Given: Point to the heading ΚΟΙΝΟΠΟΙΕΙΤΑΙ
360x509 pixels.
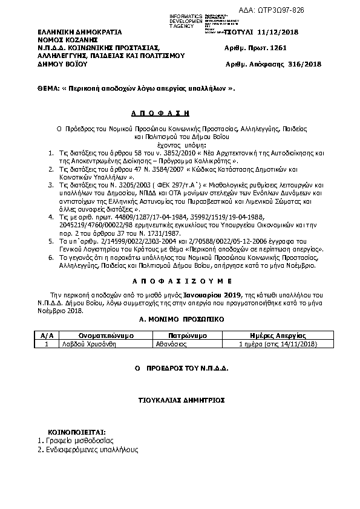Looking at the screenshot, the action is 71,433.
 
